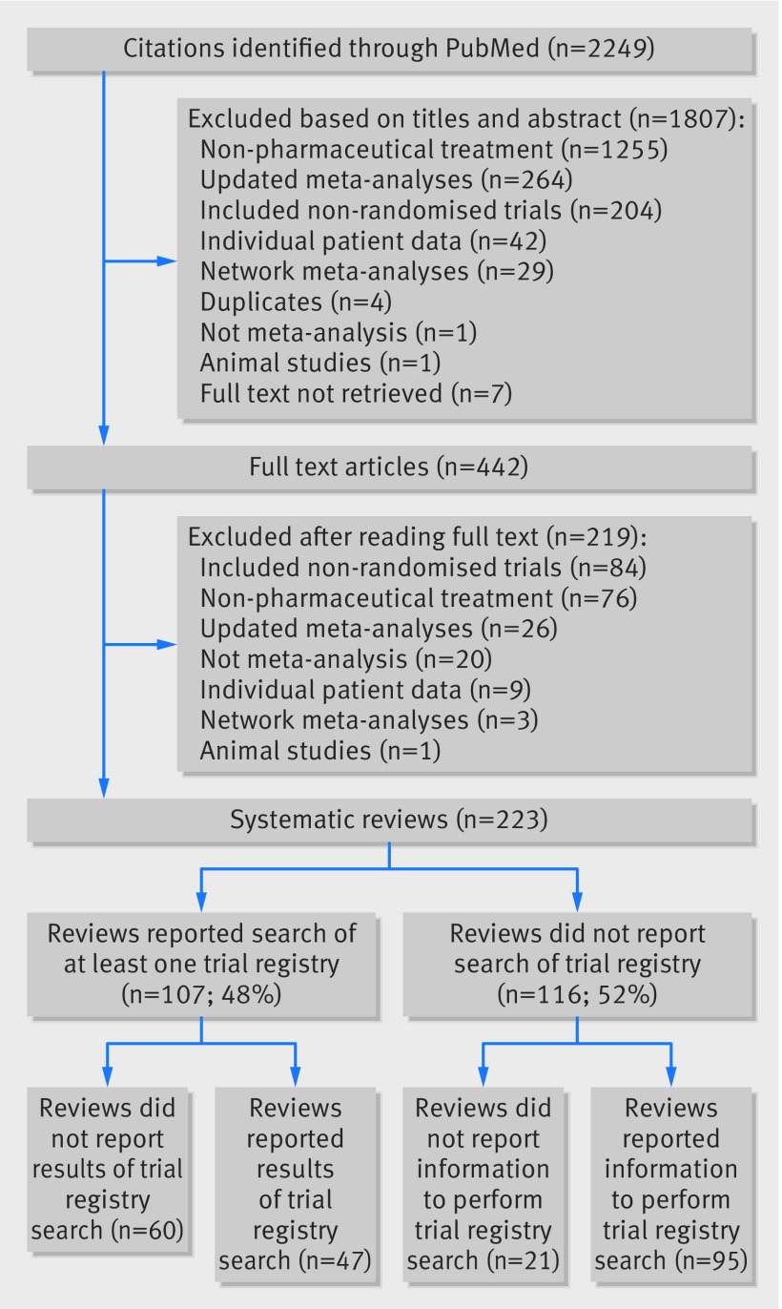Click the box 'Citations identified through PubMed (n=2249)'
coord(389,49)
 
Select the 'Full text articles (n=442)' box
coord(389,467)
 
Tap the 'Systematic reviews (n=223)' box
coord(389,820)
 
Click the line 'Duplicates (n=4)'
coord(296,302)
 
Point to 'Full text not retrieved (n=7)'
coord(356,393)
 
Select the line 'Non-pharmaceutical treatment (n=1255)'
coord(434,150)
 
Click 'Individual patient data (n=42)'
coord(373,241)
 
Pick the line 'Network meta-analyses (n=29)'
coord(377,272)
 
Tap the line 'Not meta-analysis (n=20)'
coord(346,660)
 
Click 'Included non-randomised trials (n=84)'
coord(422,568)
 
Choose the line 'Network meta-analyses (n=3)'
coord(369,720)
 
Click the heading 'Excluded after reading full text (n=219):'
coord(418,537)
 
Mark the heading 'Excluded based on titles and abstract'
coord(404,119)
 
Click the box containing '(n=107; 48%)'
coord(201,965)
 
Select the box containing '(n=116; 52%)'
coord(577,965)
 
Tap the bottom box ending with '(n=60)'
coord(108,1170)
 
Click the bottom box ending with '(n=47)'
coord(296,1185)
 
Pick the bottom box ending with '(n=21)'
coord(484,1185)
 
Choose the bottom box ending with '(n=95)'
coord(671,1185)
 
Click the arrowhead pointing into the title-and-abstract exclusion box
coord(167,261)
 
